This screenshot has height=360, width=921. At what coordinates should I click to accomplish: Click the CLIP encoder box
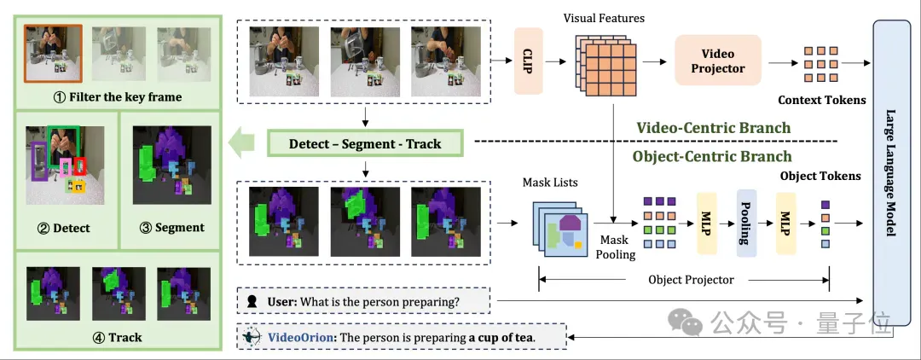coord(529,61)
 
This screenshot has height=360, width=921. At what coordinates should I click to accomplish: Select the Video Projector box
coord(718,61)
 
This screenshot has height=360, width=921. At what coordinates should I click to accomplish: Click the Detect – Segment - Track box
coord(365,144)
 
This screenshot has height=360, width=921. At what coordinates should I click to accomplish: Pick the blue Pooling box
coord(746,223)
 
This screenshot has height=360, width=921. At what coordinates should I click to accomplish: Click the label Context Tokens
coord(822,100)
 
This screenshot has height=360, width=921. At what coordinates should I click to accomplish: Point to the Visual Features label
coord(604,18)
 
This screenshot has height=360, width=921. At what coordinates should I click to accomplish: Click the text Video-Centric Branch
coord(714,127)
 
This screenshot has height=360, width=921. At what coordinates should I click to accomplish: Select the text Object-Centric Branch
coord(712,156)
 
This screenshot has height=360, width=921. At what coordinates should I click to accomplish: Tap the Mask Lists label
coord(550,183)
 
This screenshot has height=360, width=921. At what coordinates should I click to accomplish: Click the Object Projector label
coord(691,280)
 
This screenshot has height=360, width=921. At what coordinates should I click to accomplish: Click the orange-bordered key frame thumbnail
coord(53,53)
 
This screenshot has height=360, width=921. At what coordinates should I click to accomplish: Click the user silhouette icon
coord(252,302)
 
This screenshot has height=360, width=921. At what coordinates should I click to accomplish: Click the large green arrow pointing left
coord(241,144)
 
